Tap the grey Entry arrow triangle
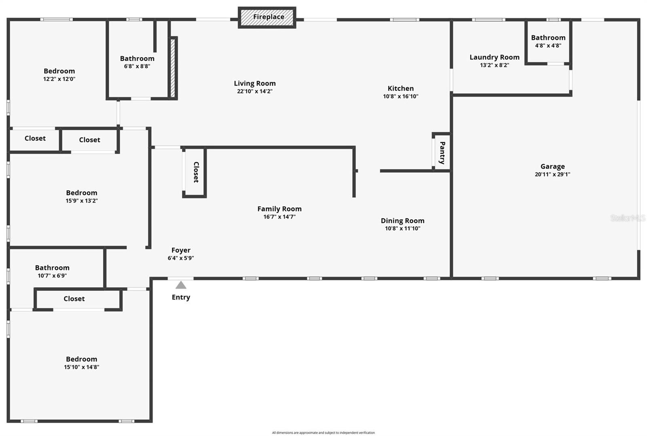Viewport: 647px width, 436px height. pos(181,285)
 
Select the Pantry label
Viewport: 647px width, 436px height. pos(442,152)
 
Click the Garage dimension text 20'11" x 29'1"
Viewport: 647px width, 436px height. pos(552,174)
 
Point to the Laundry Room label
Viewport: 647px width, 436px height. pos(494,57)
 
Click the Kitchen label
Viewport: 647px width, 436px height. pos(400,89)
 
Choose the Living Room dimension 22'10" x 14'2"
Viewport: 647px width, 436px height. pos(255,91)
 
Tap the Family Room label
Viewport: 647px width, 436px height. pos(279,209)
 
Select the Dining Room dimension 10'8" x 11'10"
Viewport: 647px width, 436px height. pos(402,229)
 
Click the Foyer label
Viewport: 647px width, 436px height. pos(181,250)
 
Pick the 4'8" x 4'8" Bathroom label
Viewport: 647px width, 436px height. pos(548,38)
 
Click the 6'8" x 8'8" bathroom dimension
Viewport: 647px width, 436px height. pos(137,66)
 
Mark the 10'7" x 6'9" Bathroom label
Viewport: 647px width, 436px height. pos(52,268)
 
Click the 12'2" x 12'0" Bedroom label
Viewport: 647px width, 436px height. pos(59,71)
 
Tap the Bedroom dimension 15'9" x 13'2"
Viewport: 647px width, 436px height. pos(82,201)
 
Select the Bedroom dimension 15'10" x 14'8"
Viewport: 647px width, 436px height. pos(82,367)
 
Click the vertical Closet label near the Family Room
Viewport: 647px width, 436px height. pos(196,172)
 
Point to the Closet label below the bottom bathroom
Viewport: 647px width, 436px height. pos(74,299)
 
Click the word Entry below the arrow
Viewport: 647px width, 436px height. pos(181,297)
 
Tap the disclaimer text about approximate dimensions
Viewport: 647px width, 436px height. pos(323,433)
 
